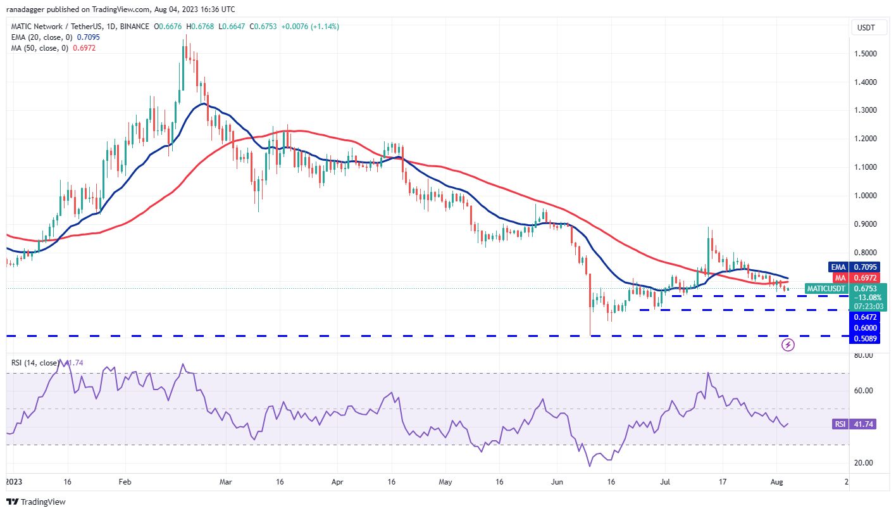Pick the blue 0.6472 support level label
(x=864, y=316)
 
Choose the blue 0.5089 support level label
(x=864, y=338)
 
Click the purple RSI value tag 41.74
(x=854, y=424)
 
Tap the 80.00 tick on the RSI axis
(x=864, y=355)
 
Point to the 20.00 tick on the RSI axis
(x=864, y=463)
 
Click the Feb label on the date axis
(x=124, y=482)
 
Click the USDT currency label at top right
(x=866, y=27)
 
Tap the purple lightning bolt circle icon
(x=788, y=345)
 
